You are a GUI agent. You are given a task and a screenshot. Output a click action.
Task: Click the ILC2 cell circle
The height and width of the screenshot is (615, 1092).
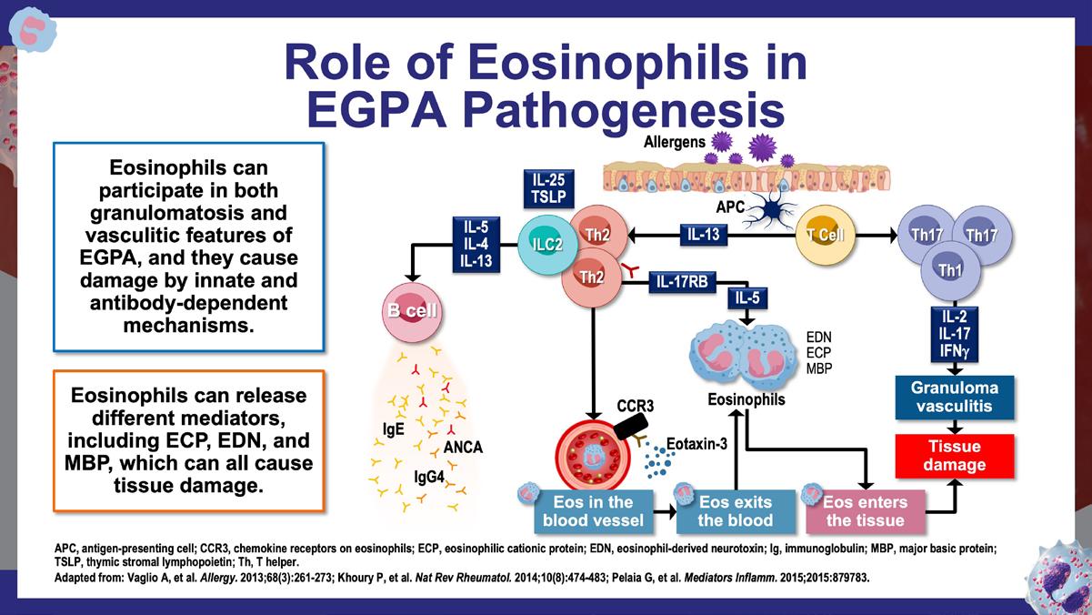coord(544,243)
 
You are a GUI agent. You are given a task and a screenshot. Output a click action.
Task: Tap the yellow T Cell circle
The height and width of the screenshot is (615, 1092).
coord(826,235)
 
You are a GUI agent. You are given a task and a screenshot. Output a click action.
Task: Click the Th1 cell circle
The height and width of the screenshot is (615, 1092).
coord(951,270)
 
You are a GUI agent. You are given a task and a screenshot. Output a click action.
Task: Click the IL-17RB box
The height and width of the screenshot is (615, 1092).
coord(681,282)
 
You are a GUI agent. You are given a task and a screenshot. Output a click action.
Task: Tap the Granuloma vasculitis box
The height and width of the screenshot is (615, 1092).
coord(954,397)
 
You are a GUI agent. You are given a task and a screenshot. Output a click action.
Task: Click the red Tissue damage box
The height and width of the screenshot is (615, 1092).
coord(953,456)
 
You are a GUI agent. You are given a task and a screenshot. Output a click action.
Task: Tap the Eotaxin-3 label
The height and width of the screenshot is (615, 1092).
coord(696,444)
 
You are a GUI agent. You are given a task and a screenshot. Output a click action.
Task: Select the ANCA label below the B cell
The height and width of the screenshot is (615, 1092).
coord(463,447)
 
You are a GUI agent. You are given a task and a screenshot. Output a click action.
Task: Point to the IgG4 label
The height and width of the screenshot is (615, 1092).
coord(427,475)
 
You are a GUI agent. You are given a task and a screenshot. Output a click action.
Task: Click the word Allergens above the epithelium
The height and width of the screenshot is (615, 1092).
coord(675,142)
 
